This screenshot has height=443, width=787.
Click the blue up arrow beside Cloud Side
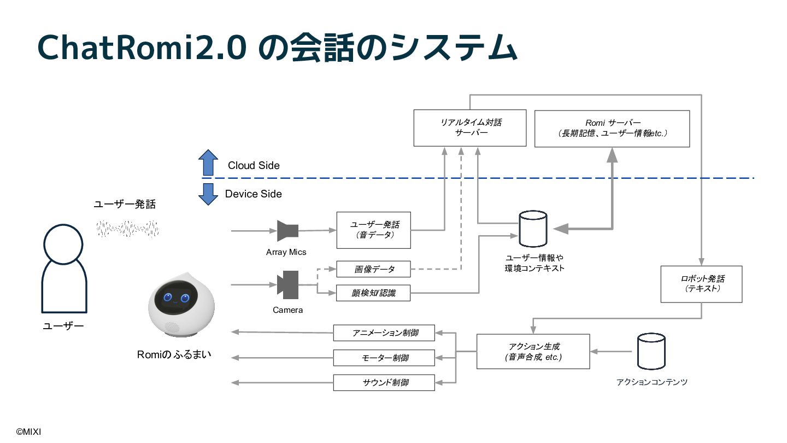pyautogui.click(x=208, y=163)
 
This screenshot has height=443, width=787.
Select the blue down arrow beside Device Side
pyautogui.click(x=208, y=194)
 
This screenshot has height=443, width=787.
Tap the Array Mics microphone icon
pyautogui.click(x=287, y=231)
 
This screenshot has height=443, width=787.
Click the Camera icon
pyautogui.click(x=287, y=285)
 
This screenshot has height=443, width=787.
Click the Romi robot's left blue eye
pyautogui.click(x=168, y=297)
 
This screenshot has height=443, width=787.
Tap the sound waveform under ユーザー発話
pyautogui.click(x=127, y=229)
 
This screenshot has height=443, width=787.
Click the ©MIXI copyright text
pyautogui.click(x=28, y=432)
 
